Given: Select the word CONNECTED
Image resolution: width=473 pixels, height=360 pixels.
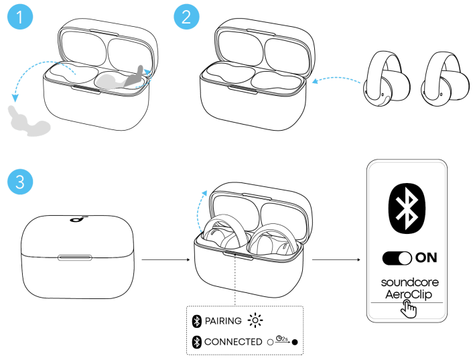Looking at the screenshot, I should click(x=233, y=342).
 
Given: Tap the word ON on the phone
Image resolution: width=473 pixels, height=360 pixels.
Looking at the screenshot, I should click(x=426, y=257).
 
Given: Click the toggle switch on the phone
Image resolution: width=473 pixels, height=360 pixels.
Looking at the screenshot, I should click(x=396, y=257).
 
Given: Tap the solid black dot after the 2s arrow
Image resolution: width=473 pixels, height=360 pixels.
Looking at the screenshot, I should click(x=294, y=342).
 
